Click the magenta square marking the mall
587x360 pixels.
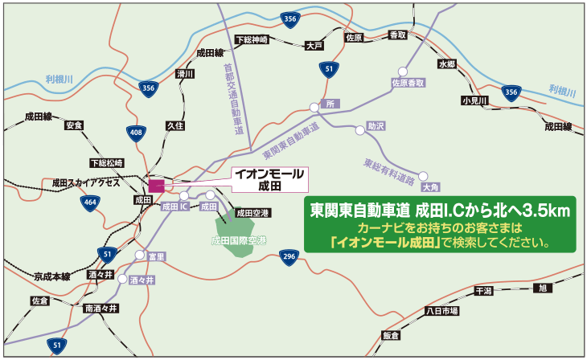pyautogui.click(x=156, y=185)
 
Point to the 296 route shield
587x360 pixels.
pyautogui.click(x=289, y=256)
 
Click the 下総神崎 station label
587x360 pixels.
pyautogui.click(x=251, y=39)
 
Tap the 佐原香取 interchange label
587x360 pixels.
pyautogui.click(x=408, y=83)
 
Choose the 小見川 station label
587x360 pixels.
pyautogui.click(x=474, y=100)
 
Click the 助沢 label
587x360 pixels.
pyautogui.click(x=376, y=126)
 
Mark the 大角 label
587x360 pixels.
pyautogui.click(x=432, y=187)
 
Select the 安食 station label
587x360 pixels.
pyautogui.click(x=75, y=125)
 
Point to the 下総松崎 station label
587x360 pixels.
pyautogui.click(x=107, y=163)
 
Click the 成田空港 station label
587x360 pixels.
pyautogui.click(x=253, y=213)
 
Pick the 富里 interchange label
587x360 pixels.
pyautogui.click(x=156, y=256)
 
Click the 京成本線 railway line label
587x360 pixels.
pyautogui.click(x=52, y=276)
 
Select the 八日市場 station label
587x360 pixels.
pyautogui.click(x=441, y=310)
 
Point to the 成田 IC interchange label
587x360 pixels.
pyautogui.click(x=174, y=207)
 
